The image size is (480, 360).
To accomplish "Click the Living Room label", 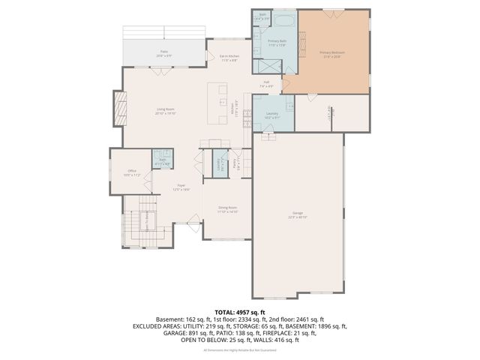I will (x=166, y=111).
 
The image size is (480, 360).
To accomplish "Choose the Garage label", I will (x=298, y=215).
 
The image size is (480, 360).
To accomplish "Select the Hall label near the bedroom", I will (x=266, y=83).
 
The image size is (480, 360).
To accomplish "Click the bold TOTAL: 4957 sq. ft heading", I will (x=239, y=311).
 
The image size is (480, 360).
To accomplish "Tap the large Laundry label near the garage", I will (x=271, y=115).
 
